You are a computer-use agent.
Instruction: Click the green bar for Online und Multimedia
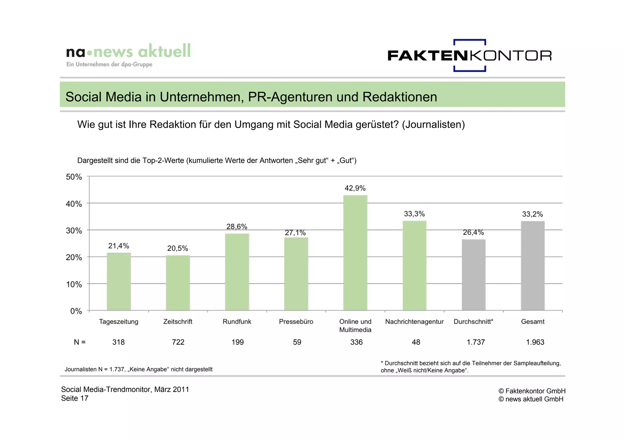click(x=355, y=253)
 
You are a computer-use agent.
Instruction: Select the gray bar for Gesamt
click(x=533, y=266)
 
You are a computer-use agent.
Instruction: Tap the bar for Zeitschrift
click(x=178, y=283)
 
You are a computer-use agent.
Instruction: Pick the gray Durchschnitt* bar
click(x=474, y=275)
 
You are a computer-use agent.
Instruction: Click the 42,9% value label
click(x=355, y=188)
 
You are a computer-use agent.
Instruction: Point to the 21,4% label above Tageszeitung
click(x=118, y=246)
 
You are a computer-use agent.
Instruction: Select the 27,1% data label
click(x=295, y=233)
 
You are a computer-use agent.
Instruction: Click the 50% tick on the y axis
click(x=74, y=177)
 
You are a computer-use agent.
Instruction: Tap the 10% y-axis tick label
click(x=74, y=285)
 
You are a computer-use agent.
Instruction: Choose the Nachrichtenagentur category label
click(x=414, y=322)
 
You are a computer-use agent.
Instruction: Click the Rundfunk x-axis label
click(x=237, y=322)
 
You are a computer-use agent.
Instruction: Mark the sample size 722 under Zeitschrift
click(x=178, y=342)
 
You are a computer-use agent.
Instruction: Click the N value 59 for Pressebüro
click(x=297, y=342)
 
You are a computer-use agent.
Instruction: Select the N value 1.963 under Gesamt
click(x=535, y=342)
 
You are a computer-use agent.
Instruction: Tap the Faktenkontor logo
click(x=469, y=55)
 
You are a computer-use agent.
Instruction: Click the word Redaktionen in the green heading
click(x=399, y=97)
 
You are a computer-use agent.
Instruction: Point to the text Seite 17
click(x=74, y=398)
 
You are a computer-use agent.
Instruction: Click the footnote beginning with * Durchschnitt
click(x=471, y=367)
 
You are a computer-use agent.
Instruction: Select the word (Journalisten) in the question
click(x=433, y=125)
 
